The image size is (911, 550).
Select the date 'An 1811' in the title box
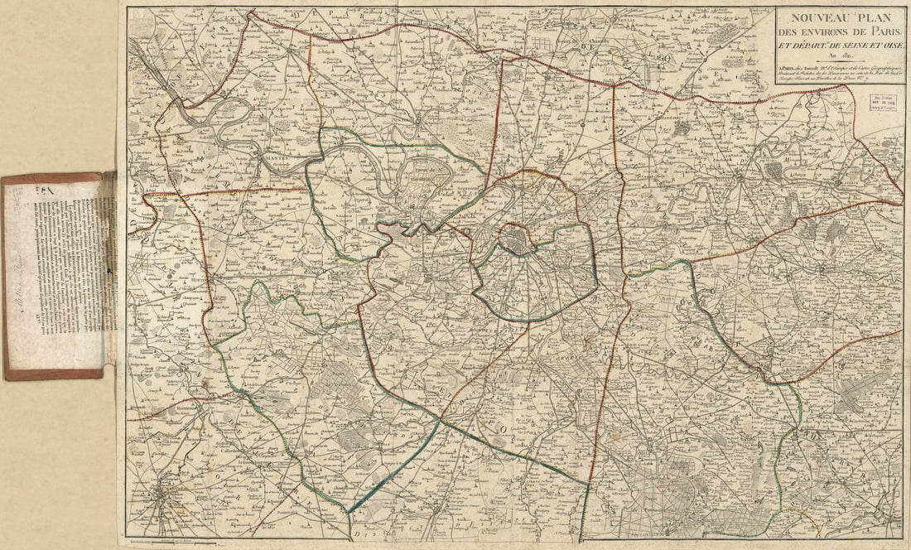[x=839, y=57]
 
